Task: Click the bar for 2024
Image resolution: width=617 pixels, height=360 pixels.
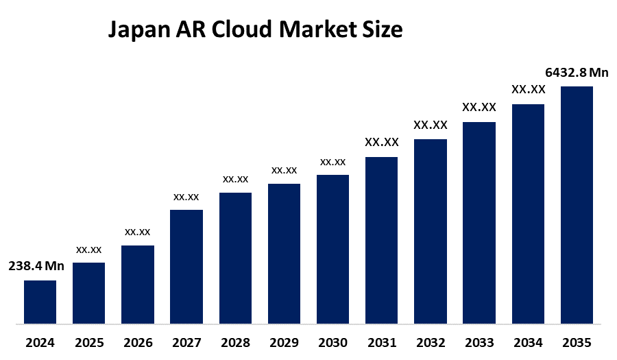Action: point(40,302)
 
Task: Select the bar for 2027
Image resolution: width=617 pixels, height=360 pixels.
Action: point(186,266)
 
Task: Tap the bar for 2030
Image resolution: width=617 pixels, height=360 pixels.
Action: point(332,249)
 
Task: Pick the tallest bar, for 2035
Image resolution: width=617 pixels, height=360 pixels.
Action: point(577,204)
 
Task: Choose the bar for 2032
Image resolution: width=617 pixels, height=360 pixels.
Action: point(431,231)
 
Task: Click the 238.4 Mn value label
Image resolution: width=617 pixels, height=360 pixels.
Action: point(36,267)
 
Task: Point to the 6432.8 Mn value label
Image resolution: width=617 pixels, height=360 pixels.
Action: point(577,73)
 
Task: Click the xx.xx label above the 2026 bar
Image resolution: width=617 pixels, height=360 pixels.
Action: point(137,232)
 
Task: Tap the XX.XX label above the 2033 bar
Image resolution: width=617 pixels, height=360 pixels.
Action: point(479,107)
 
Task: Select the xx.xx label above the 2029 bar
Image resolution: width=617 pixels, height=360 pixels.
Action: point(284,170)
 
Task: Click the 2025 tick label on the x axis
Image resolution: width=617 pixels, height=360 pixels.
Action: point(89,342)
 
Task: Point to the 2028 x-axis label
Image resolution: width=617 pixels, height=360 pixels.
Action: point(235,342)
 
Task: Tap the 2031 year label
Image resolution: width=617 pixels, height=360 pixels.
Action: point(382,342)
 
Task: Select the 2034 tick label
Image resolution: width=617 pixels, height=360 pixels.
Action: point(528,342)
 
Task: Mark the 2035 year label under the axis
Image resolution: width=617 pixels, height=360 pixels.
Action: point(577,342)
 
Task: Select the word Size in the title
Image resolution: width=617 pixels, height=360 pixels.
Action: point(383,30)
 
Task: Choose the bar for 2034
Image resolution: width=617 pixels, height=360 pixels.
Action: point(528,213)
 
